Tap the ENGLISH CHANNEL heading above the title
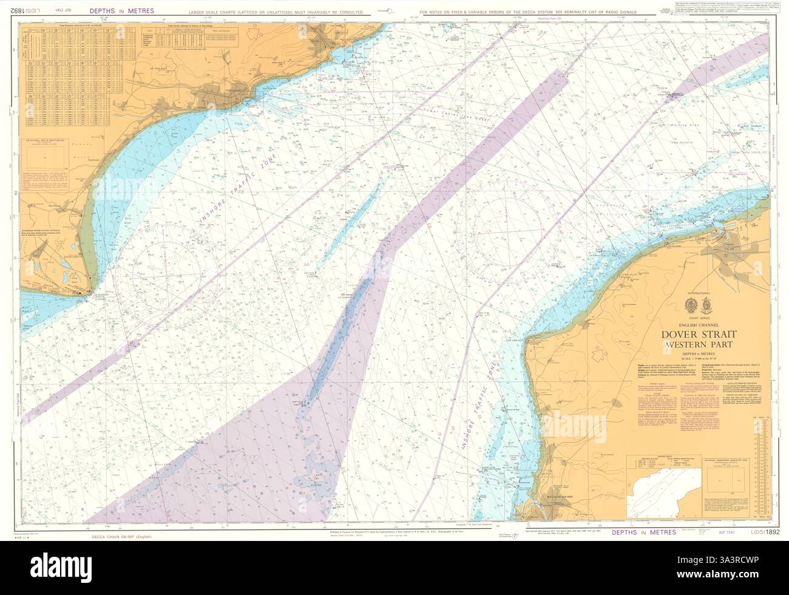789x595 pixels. (697, 325)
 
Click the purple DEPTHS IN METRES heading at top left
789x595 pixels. (121, 11)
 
